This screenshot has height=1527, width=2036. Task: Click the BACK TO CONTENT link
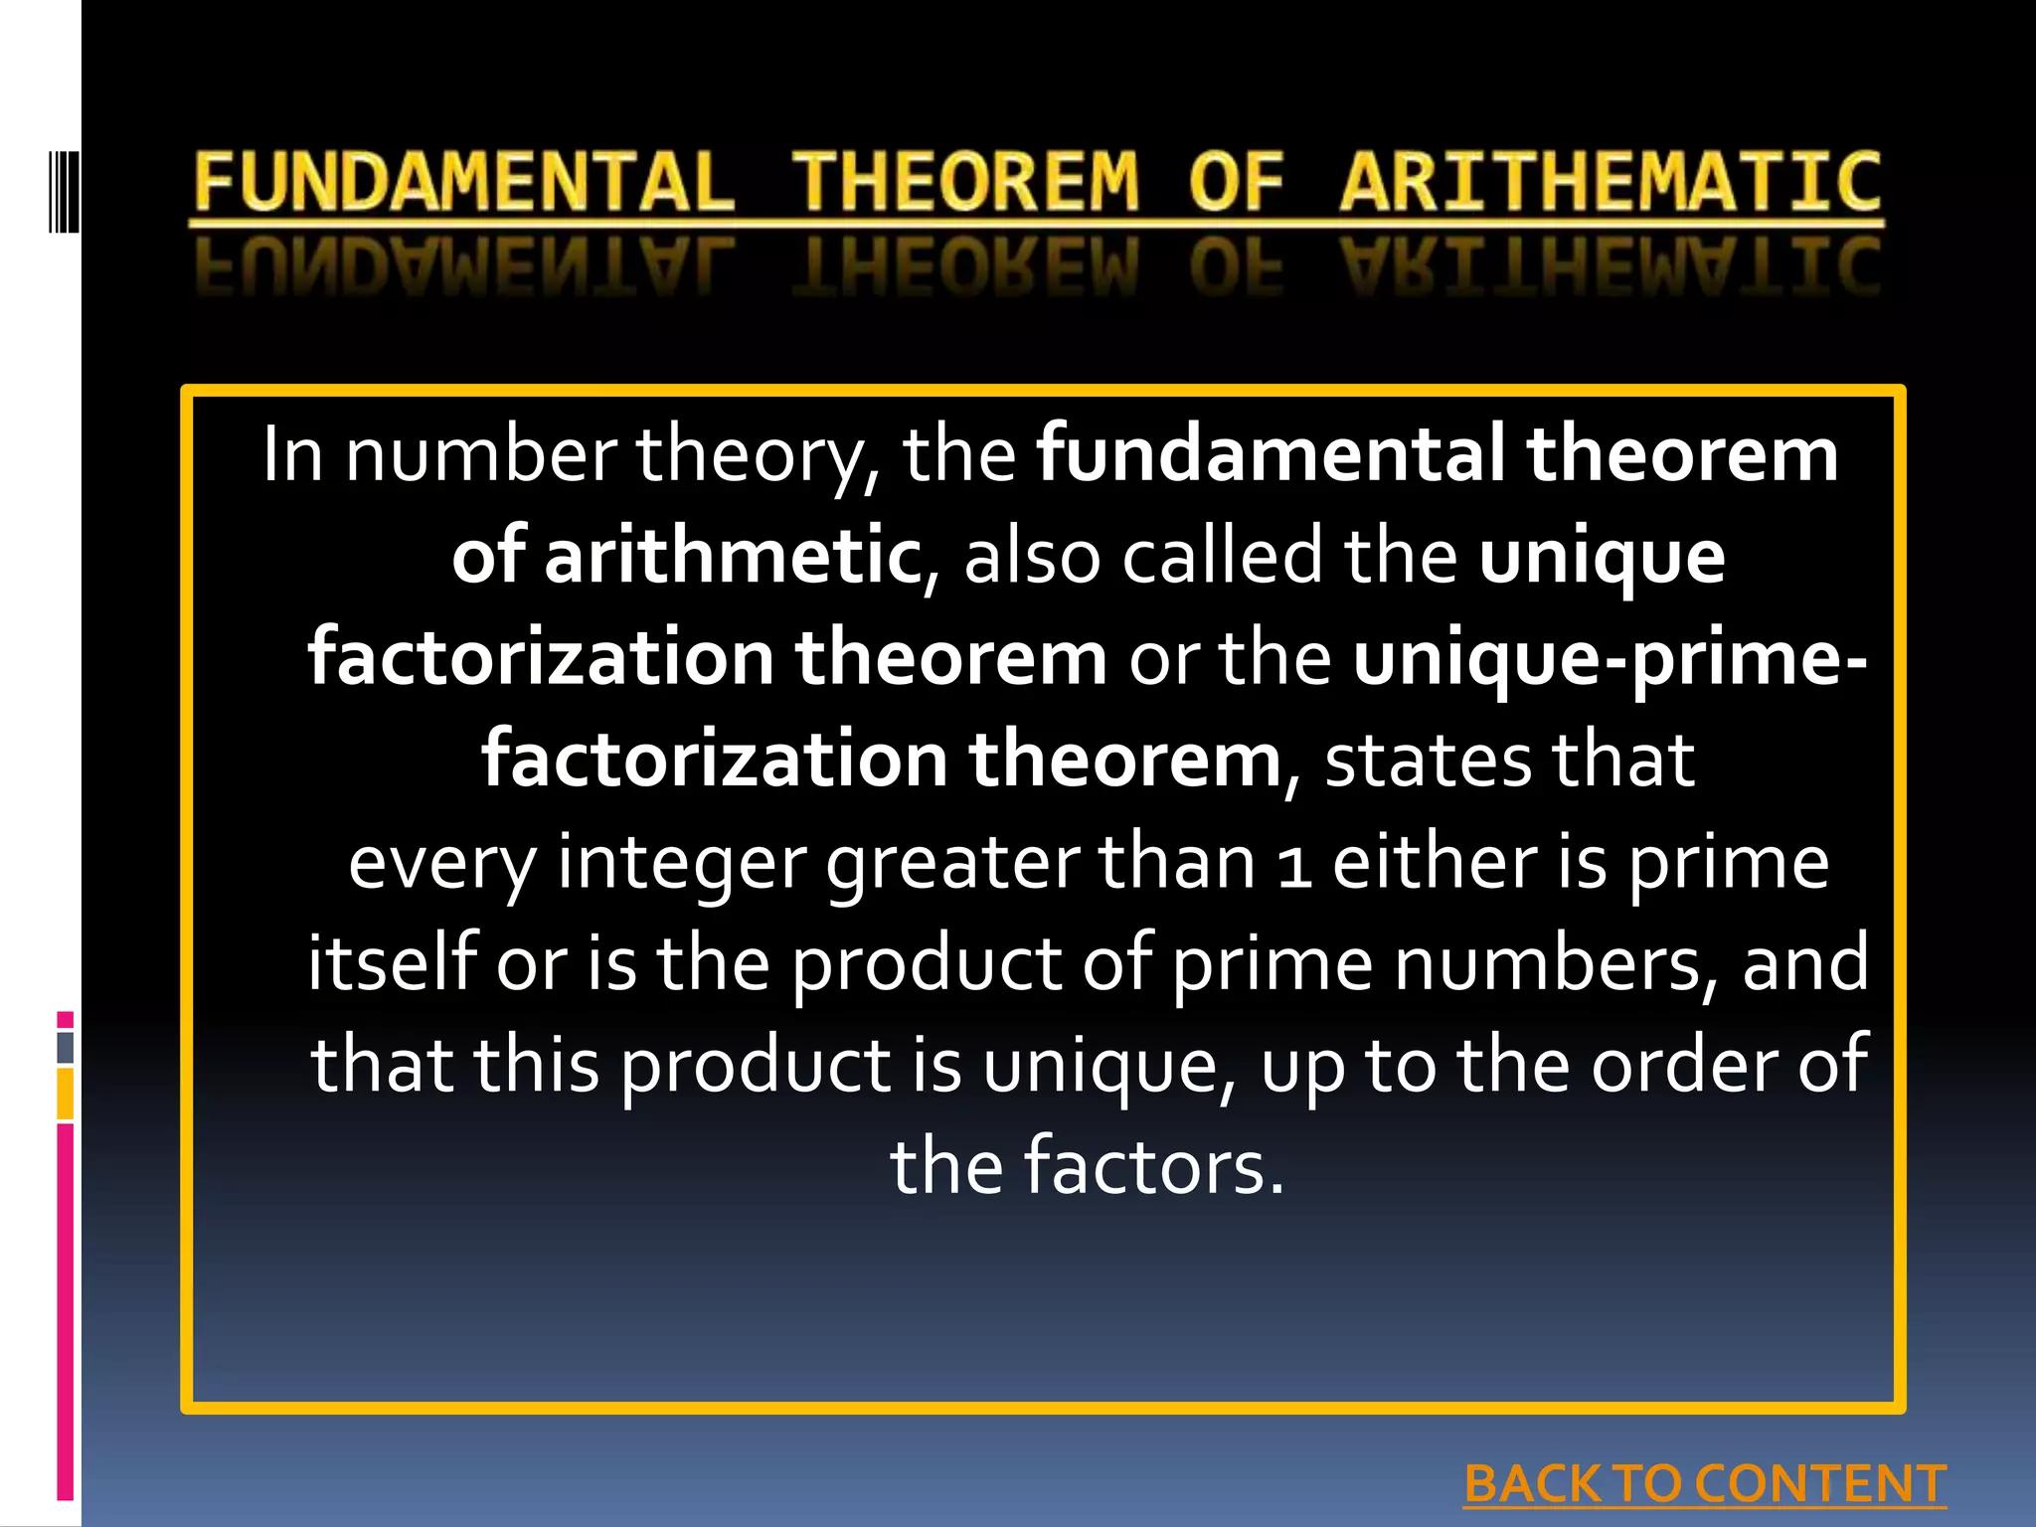pyautogui.click(x=1705, y=1484)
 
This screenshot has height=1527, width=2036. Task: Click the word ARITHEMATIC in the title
pyautogui.click(x=1611, y=182)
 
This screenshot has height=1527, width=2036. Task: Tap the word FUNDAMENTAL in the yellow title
pyautogui.click(x=463, y=182)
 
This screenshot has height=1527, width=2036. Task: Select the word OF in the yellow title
pyautogui.click(x=1236, y=182)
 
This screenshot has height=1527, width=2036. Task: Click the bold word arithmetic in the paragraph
pyautogui.click(x=733, y=557)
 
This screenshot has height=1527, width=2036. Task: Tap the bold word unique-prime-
pyautogui.click(x=1610, y=660)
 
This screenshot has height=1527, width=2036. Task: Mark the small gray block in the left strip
pyautogui.click(x=66, y=1048)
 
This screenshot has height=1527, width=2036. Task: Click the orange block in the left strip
pyautogui.click(x=66, y=1094)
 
